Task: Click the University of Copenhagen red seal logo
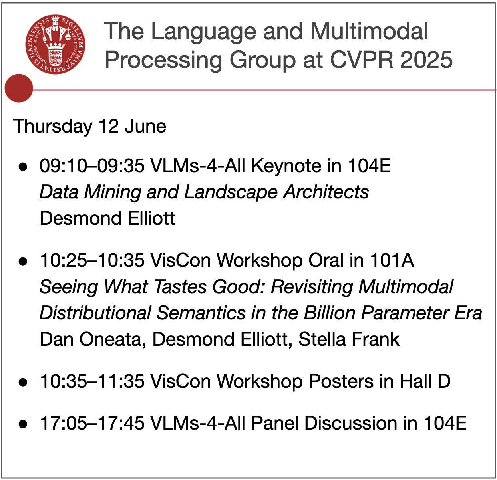click(x=55, y=44)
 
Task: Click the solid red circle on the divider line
click(x=19, y=88)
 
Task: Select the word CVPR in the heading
click(x=361, y=60)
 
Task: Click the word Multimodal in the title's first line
click(x=369, y=31)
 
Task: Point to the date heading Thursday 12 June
click(x=89, y=126)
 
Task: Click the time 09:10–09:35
click(x=92, y=166)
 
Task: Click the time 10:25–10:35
click(x=92, y=261)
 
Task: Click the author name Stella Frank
click(x=349, y=339)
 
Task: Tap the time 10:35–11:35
click(x=92, y=381)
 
